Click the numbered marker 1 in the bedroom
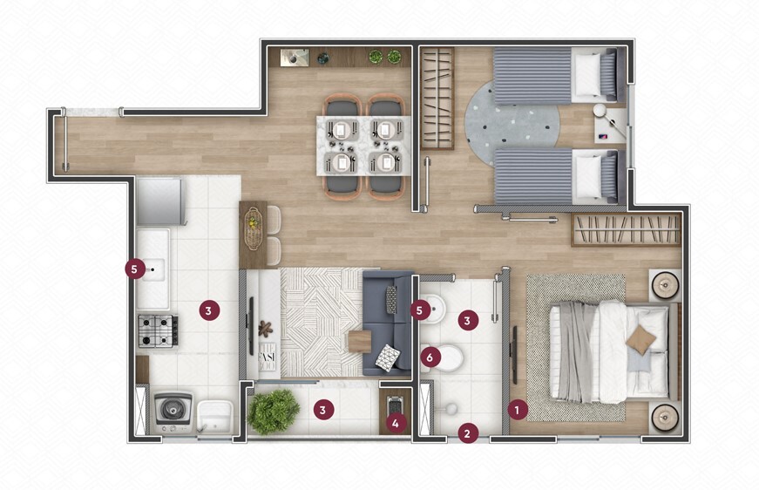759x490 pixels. (517, 410)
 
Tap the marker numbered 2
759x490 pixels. (467, 433)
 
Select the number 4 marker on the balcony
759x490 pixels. (396, 424)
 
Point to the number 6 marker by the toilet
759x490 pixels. (430, 357)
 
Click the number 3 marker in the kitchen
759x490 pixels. (208, 310)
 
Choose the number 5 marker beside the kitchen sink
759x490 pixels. (134, 269)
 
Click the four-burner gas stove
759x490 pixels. (159, 330)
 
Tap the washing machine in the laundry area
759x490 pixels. (173, 412)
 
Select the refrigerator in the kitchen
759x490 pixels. (160, 201)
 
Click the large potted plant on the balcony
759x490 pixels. (273, 412)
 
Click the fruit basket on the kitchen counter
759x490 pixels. (252, 228)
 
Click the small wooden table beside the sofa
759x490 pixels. (360, 342)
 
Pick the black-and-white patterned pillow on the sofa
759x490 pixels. (387, 357)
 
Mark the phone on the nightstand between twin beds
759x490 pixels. (604, 137)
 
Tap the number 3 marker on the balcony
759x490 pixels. (323, 411)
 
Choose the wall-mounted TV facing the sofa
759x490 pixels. (251, 326)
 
